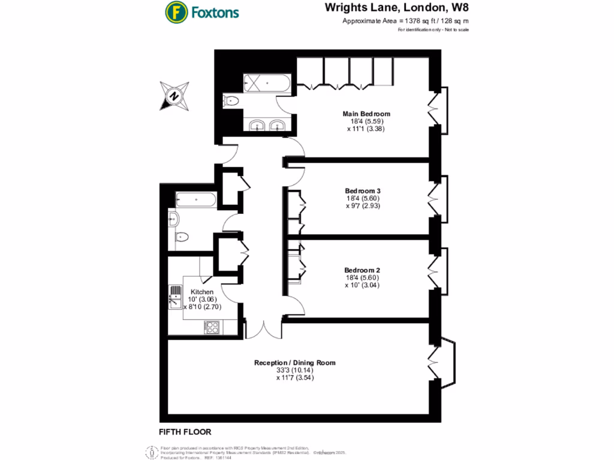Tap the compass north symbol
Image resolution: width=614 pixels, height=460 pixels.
(174, 96)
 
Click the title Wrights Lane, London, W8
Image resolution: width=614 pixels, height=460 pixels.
(397, 8)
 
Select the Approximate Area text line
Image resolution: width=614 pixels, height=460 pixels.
(405, 21)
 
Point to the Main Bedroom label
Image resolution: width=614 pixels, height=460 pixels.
(366, 114)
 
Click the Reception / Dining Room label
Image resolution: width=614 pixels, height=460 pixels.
(294, 362)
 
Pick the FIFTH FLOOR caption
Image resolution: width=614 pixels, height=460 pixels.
(185, 432)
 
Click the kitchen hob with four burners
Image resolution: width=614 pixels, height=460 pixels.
(212, 328)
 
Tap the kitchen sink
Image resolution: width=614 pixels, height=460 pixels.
(176, 296)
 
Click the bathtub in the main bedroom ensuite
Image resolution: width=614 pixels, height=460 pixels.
(267, 83)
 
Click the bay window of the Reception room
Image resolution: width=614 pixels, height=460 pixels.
(444, 361)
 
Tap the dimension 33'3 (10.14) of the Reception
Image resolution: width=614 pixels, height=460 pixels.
(295, 370)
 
